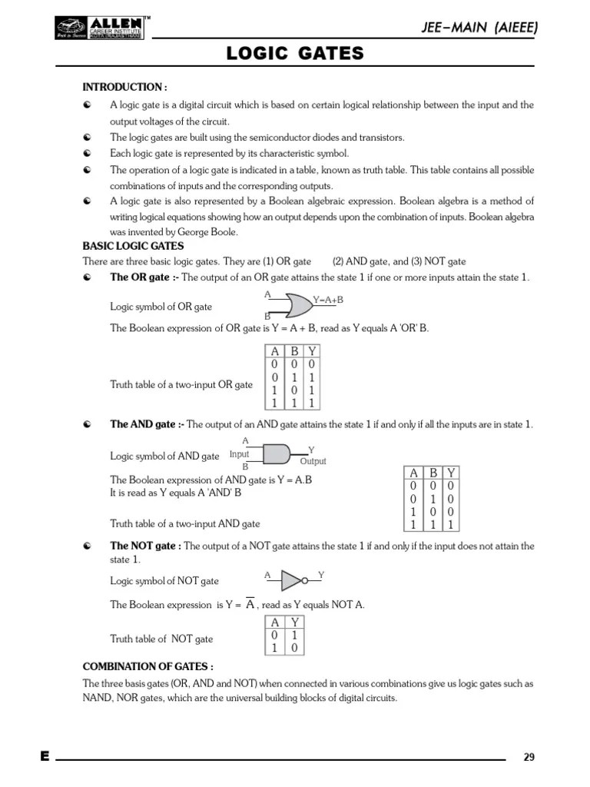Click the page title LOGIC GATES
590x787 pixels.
click(294, 53)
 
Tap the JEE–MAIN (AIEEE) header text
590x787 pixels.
click(479, 28)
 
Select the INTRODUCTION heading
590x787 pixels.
click(124, 87)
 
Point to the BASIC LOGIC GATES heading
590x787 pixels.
click(133, 246)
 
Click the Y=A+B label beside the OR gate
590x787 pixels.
click(328, 300)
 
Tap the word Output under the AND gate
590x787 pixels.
click(313, 461)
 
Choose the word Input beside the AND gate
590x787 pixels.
click(240, 454)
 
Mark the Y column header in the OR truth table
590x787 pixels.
click(312, 350)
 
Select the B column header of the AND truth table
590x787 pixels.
click(433, 473)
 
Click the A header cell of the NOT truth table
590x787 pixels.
click(274, 622)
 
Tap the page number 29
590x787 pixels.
click(529, 757)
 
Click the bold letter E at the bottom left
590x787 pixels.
click(45, 757)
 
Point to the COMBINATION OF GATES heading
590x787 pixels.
click(147, 666)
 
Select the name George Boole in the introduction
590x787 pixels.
click(207, 231)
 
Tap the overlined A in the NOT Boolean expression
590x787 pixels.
click(250, 604)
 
